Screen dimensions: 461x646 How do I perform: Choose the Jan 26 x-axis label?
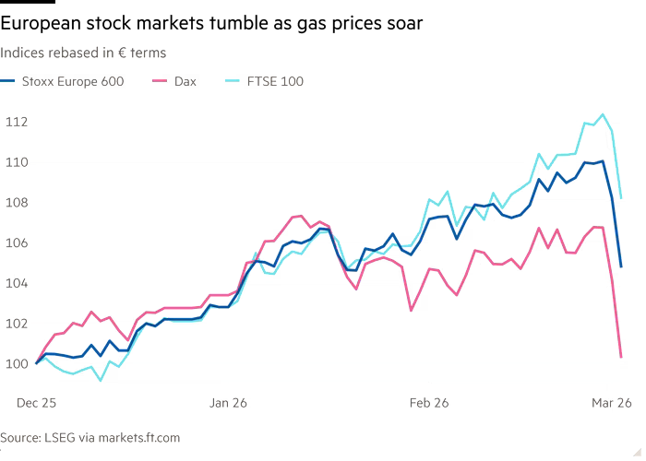[229, 402]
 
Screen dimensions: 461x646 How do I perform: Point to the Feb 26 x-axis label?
[428, 402]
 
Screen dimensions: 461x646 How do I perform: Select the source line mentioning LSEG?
[90, 437]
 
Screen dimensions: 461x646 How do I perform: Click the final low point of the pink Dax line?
[621, 356]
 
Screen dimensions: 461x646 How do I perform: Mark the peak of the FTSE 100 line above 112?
[603, 114]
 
